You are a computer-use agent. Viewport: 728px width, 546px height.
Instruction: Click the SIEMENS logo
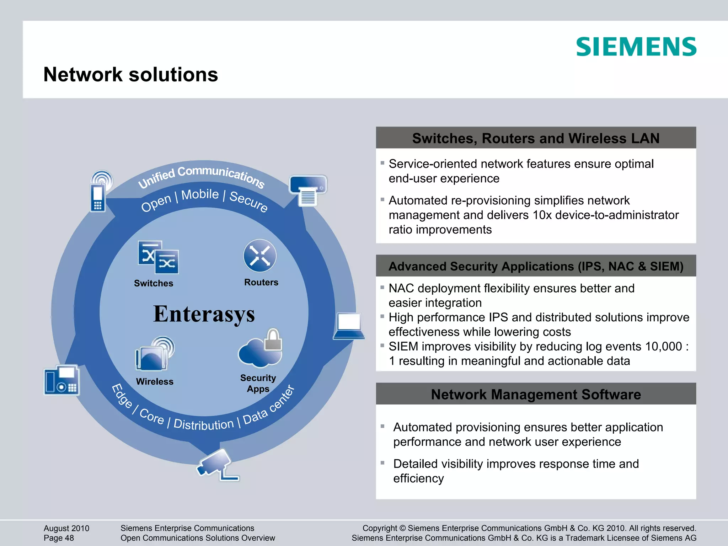pyautogui.click(x=636, y=47)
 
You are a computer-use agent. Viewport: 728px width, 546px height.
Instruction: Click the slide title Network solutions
pyautogui.click(x=130, y=75)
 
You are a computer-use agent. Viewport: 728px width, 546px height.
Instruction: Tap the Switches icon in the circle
pyautogui.click(x=158, y=257)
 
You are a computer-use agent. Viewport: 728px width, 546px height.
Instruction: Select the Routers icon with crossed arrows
pyautogui.click(x=260, y=256)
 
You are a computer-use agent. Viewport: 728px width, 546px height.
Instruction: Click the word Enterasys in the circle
pyautogui.click(x=204, y=314)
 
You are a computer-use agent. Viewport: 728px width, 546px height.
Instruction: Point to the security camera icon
pyautogui.click(x=217, y=464)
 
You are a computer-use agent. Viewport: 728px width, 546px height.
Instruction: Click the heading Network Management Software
pyautogui.click(x=536, y=395)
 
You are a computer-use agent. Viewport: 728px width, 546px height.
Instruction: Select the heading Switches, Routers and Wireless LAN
pyautogui.click(x=536, y=138)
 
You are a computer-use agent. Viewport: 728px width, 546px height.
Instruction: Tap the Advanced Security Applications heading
pyautogui.click(x=536, y=266)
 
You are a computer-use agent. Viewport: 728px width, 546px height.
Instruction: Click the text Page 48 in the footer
pyautogui.click(x=59, y=538)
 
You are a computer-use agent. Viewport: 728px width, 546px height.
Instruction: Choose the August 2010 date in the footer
pyautogui.click(x=66, y=528)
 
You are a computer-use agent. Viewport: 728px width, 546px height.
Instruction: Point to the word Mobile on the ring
pyautogui.click(x=200, y=194)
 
